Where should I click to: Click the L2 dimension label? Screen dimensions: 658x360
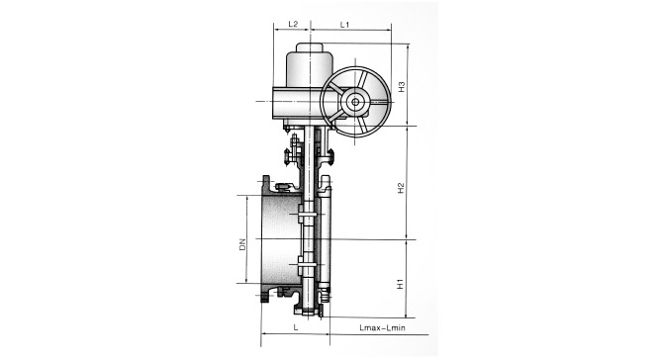(x=293, y=24)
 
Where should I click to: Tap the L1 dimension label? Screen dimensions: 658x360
(x=344, y=25)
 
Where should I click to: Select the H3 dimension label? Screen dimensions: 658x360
(x=402, y=86)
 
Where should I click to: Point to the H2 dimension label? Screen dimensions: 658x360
(x=401, y=188)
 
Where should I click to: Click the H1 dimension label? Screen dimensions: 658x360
(x=400, y=284)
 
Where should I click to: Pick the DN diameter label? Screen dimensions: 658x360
(x=242, y=244)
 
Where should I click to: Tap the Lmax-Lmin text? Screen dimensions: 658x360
(x=382, y=327)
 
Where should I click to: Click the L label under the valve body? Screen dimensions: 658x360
(x=296, y=327)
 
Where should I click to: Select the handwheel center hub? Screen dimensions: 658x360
(x=355, y=102)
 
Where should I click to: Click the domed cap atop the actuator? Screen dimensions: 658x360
(x=310, y=47)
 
